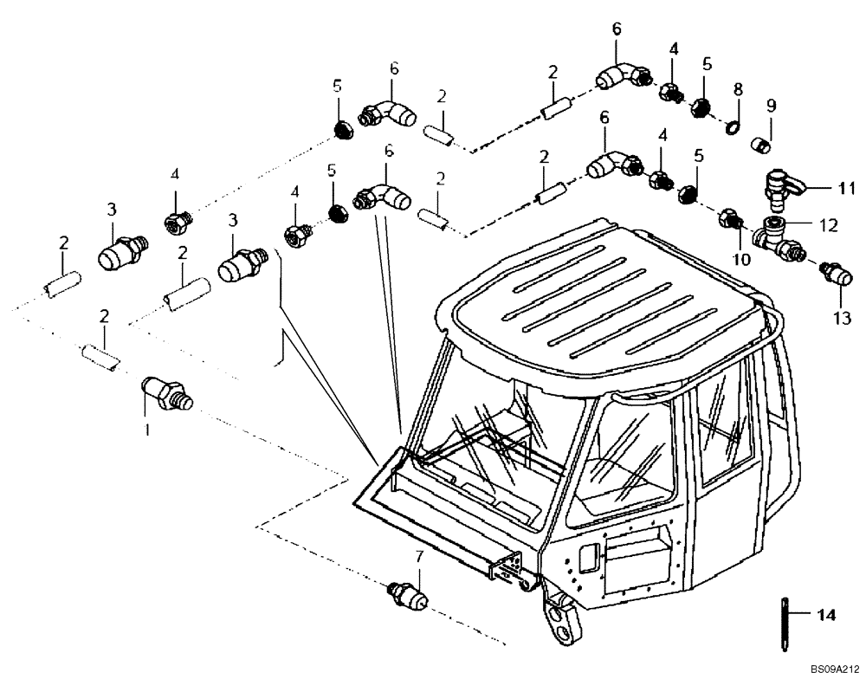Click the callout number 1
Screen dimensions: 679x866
pos(146,430)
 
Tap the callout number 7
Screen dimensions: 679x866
pos(419,556)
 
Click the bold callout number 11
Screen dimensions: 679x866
pos(846,187)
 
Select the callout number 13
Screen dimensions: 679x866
pos(843,318)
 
